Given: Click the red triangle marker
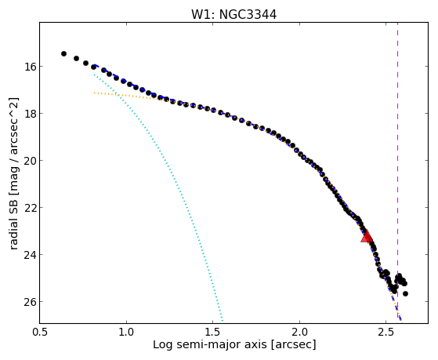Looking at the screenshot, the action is coord(367,236).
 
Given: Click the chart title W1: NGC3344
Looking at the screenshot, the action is coord(233,15).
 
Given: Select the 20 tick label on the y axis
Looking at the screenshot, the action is coord(27,161).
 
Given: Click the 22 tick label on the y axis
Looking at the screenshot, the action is coord(27,208).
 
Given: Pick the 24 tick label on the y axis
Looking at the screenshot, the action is coord(27,255).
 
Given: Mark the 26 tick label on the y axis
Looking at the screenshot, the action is coord(27,302).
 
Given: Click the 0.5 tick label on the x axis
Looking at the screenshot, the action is coord(40,332).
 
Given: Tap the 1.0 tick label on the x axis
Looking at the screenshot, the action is coord(126,332).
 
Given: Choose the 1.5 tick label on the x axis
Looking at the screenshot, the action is coord(213,332).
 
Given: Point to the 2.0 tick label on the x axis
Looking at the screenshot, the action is coord(299,332).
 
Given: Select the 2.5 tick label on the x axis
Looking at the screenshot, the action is coord(386,332).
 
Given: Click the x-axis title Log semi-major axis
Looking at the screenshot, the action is coord(209,344).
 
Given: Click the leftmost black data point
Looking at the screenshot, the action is coord(63,53).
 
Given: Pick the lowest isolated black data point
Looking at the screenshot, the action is coord(405,293).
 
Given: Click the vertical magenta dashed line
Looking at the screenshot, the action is coord(397,173).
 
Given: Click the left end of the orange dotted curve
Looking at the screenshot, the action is coord(95,93).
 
